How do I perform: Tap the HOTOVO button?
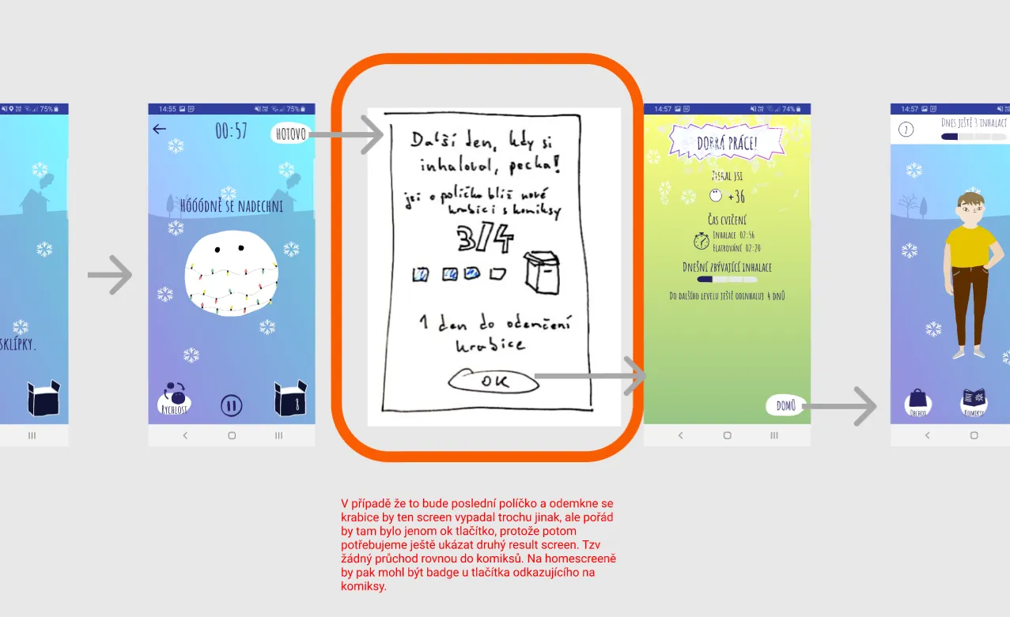point(290,134)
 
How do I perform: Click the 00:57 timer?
point(231,131)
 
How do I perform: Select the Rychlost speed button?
point(172,399)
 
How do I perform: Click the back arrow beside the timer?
point(160,129)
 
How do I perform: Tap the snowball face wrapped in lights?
point(231,275)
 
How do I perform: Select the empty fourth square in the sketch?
point(497,274)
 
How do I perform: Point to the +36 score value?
point(736,197)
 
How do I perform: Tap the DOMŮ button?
point(785,406)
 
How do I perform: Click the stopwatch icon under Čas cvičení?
point(701,240)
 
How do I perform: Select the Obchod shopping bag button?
point(917,401)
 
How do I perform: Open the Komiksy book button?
point(973,401)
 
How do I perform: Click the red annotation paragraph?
point(479,545)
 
